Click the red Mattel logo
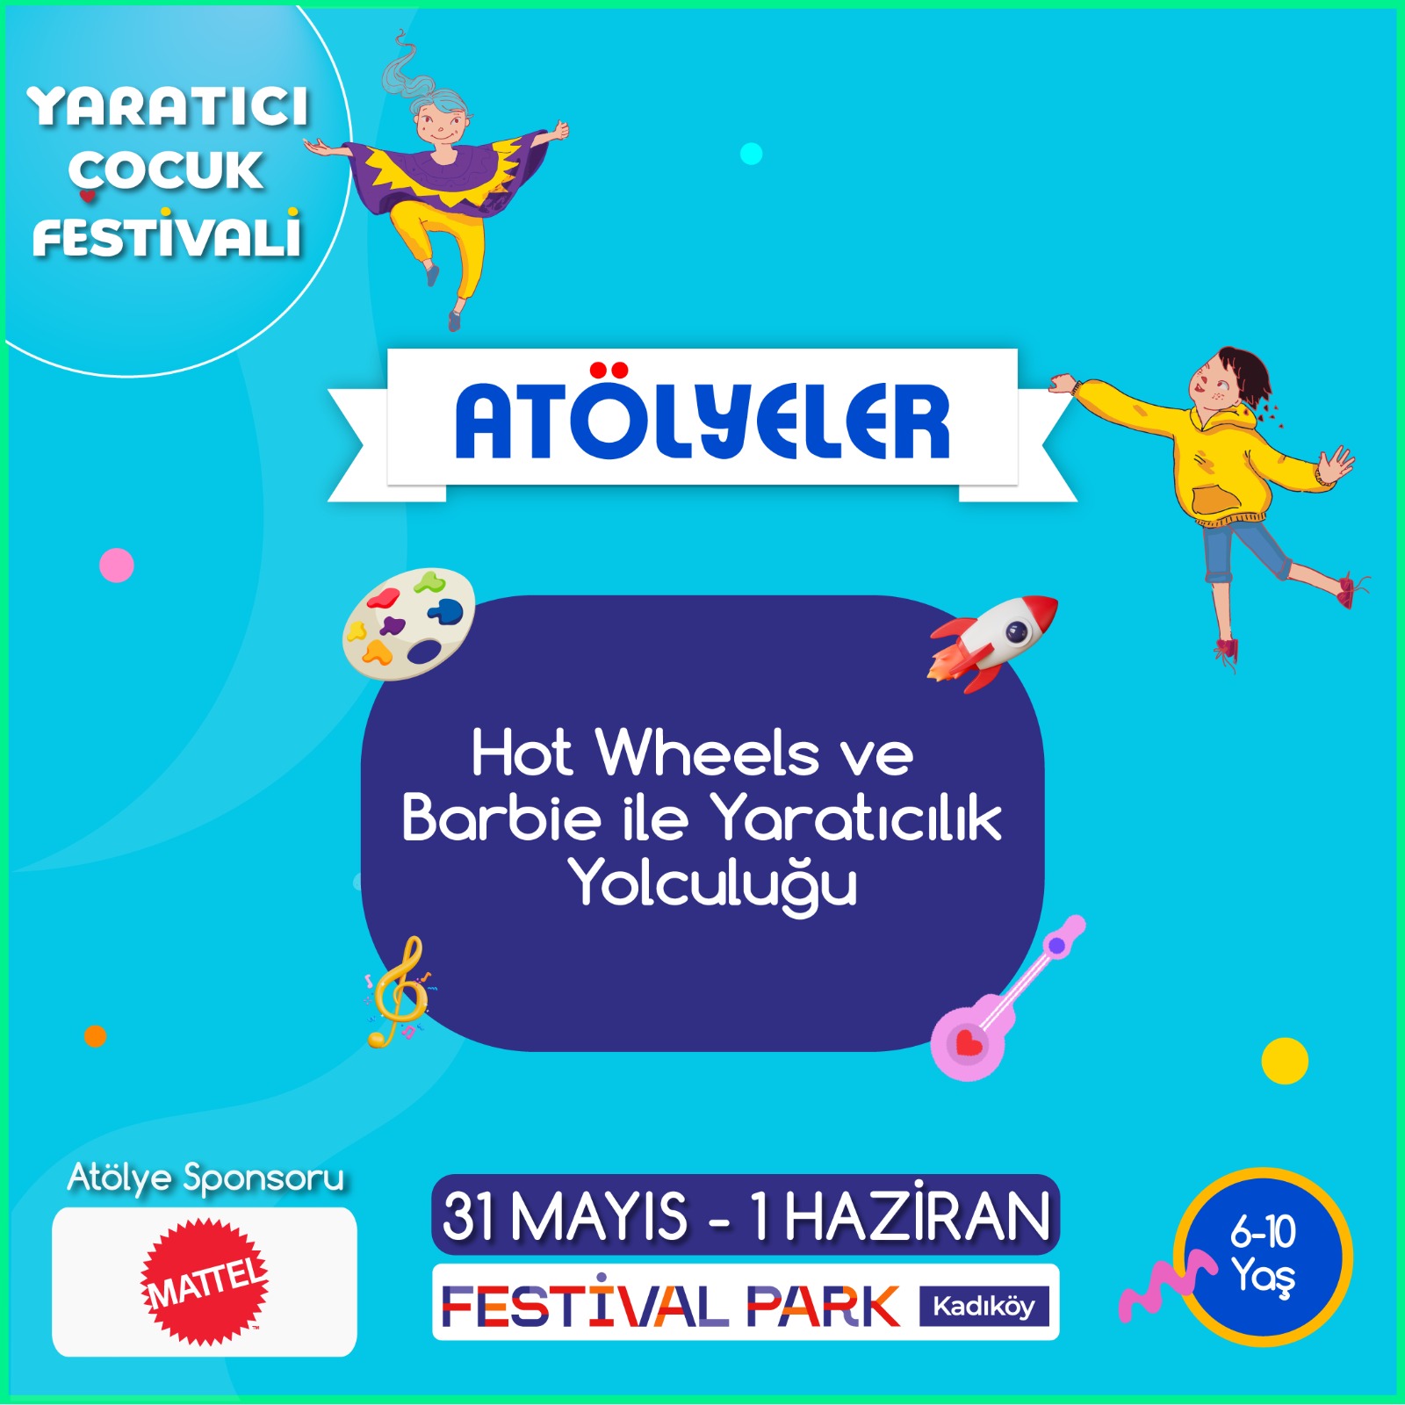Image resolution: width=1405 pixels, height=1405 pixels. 205,1281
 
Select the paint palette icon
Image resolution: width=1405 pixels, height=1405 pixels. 408,623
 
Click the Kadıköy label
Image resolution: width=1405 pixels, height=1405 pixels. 983,1306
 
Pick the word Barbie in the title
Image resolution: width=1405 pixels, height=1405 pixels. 501,818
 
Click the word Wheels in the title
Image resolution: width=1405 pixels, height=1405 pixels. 707,753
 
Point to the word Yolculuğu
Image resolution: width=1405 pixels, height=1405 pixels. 712,884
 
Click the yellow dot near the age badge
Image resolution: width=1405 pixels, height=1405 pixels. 1285,1061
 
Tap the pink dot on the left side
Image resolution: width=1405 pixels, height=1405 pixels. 117,566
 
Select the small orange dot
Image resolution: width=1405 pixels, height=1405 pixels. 95,1036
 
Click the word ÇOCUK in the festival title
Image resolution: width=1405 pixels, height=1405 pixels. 166,170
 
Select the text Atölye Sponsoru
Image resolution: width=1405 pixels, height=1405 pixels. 205,1178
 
